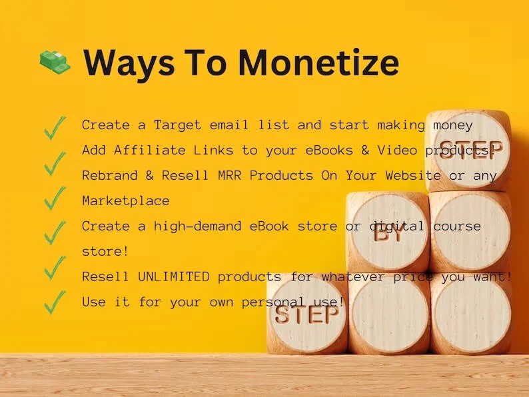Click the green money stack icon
(55, 63)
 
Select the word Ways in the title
(123, 63)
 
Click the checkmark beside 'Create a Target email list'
(55, 127)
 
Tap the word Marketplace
(126, 200)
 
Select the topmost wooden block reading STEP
(468, 150)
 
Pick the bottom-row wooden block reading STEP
(307, 313)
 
